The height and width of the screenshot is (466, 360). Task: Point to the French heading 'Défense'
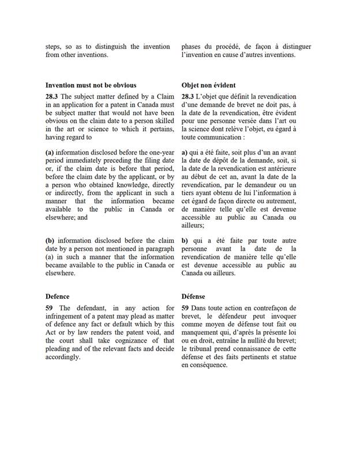[x=197, y=296]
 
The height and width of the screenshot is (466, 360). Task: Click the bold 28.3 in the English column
[x=52, y=96]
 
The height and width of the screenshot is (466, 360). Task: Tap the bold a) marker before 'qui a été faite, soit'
[x=185, y=151]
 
